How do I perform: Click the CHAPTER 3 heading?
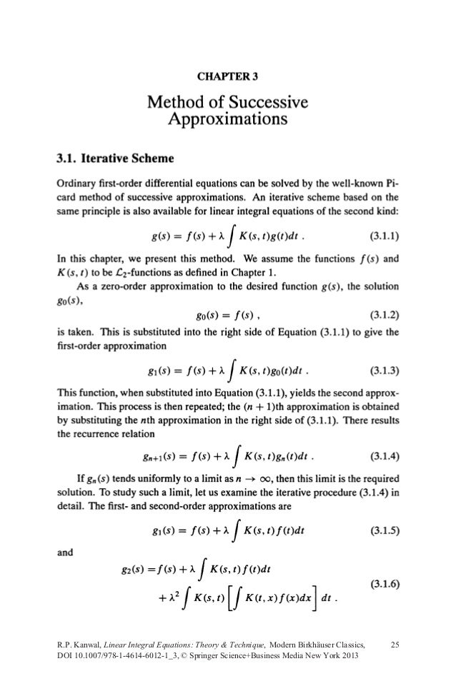(x=227, y=74)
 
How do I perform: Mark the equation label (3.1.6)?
(x=384, y=583)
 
